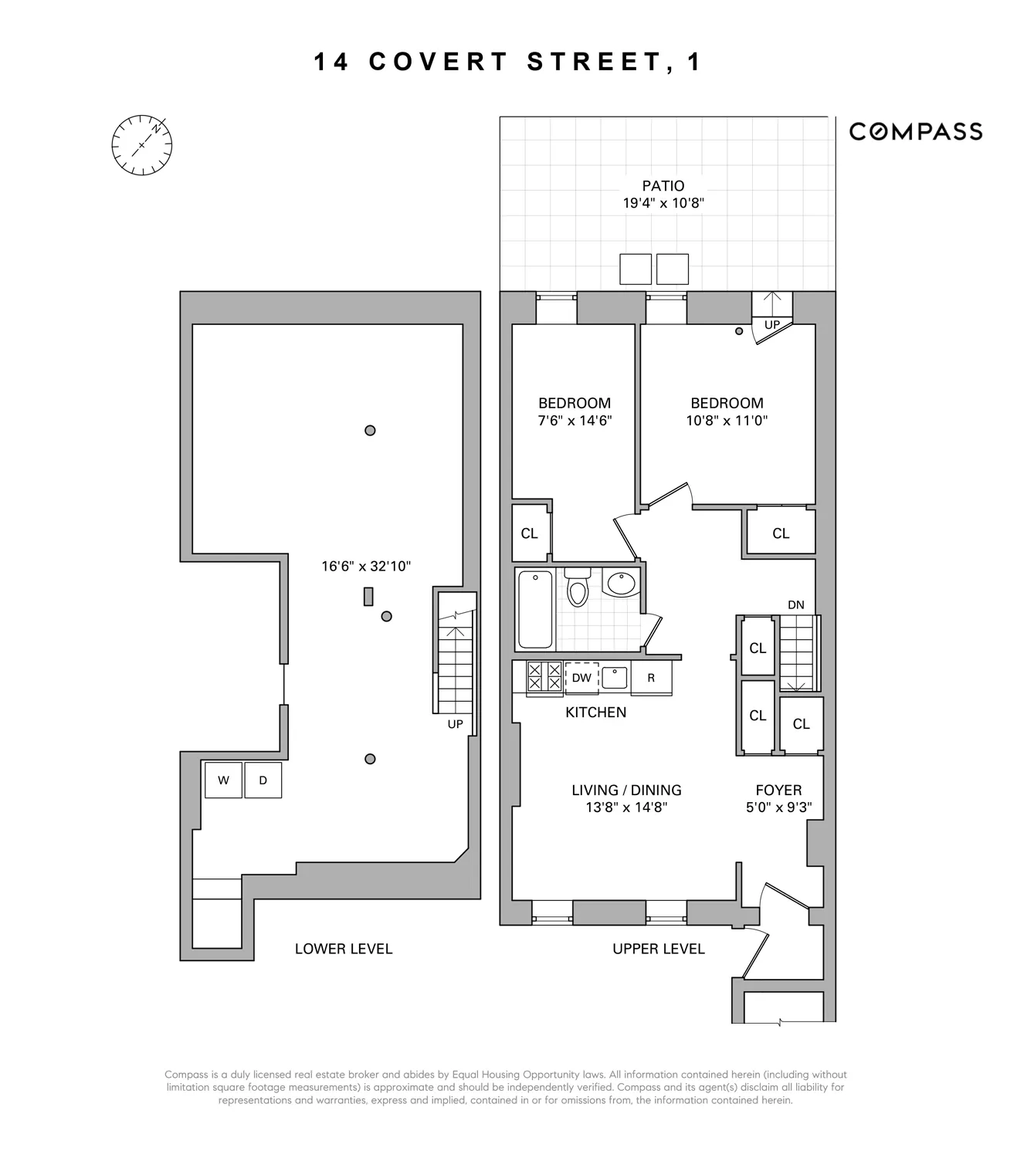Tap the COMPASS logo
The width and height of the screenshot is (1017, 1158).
coord(915,132)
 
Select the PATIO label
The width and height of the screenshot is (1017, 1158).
coord(663,186)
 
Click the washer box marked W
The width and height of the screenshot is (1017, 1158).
coord(223,780)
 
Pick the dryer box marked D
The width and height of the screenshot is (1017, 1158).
coord(263,780)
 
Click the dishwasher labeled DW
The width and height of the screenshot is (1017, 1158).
coord(581,678)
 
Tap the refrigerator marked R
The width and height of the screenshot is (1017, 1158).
coord(651,678)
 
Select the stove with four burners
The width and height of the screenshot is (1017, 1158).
coord(544,677)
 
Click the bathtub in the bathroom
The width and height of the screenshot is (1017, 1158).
coord(535,609)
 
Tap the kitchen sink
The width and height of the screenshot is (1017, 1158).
coord(615,677)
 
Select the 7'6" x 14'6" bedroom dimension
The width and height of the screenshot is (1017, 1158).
coord(575,421)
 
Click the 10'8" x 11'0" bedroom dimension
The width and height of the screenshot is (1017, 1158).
coord(727,421)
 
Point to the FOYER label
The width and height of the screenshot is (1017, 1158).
coord(778,790)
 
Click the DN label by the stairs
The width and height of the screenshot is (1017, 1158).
coord(796,604)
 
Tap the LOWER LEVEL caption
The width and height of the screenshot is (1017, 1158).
coord(344,949)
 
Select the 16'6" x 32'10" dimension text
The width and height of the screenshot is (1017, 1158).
coord(366,566)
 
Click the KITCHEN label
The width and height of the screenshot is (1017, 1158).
coord(595,713)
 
